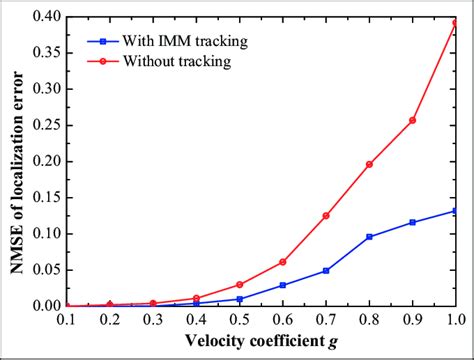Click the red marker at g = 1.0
point(455,23)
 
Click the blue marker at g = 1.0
point(455,211)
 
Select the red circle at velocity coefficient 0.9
point(412,120)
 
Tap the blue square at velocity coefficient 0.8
point(369,236)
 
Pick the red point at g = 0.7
point(326,215)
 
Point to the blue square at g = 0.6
point(283,285)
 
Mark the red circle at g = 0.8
point(369,164)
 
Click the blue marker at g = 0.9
point(412,222)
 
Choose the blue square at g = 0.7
point(326,270)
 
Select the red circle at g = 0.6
point(283,262)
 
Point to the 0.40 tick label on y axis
point(38,17)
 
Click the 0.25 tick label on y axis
point(38,125)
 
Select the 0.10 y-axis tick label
point(38,234)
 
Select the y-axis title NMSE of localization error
point(13,160)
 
